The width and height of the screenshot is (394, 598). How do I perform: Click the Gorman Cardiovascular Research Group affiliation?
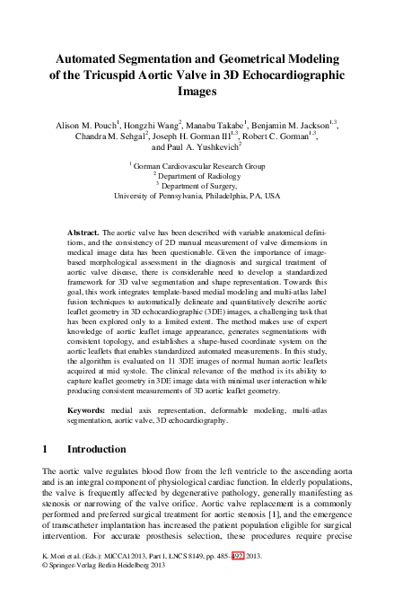[198, 165]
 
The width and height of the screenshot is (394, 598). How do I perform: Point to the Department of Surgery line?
[198, 185]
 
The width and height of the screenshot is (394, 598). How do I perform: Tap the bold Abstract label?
[83, 232]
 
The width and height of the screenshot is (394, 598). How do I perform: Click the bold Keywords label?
[88, 409]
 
